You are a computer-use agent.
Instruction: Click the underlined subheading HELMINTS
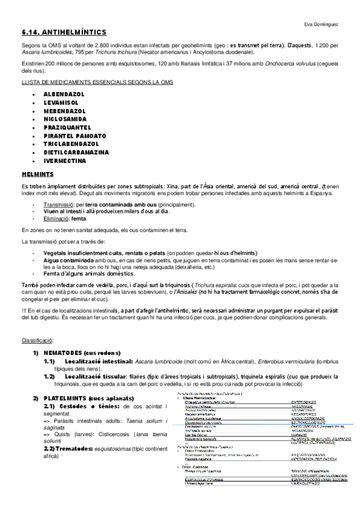point(37,174)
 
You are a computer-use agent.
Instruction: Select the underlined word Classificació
point(38,340)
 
